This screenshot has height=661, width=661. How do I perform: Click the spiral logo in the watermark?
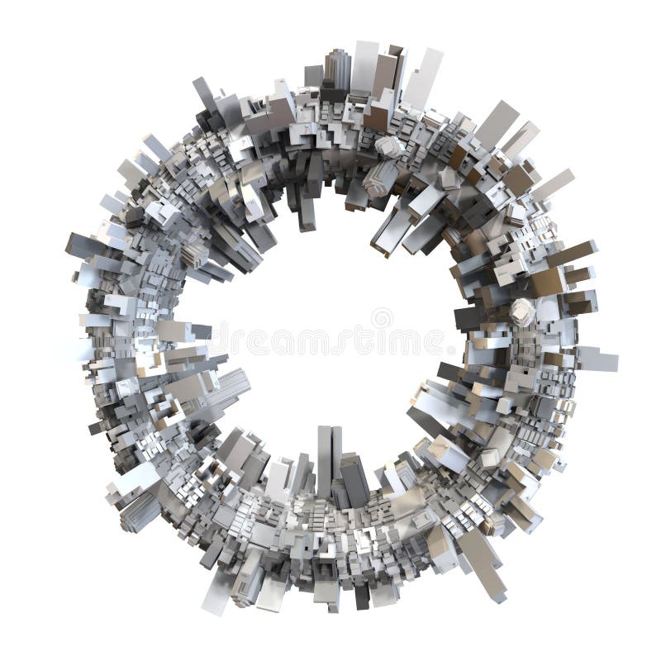pyautogui.click(x=382, y=318)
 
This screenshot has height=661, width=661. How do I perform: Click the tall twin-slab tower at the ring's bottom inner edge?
pyautogui.click(x=329, y=459)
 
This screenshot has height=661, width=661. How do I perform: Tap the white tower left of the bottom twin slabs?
pyautogui.click(x=279, y=479)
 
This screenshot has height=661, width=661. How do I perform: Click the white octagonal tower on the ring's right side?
pyautogui.click(x=522, y=311)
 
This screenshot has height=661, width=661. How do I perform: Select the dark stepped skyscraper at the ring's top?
pyautogui.click(x=336, y=70)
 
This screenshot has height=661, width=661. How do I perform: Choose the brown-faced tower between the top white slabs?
pyautogui.click(x=385, y=74)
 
